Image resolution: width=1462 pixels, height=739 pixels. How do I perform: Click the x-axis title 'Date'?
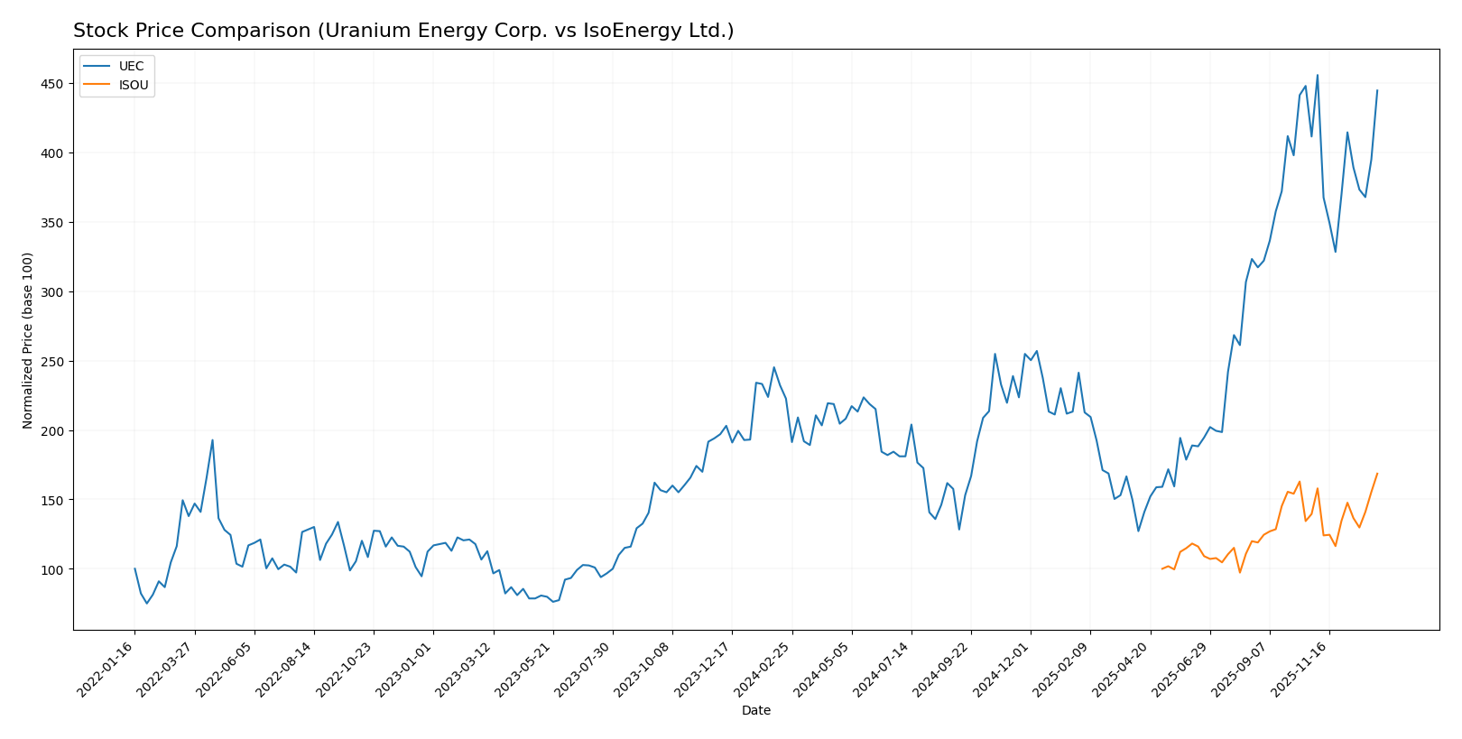point(755,711)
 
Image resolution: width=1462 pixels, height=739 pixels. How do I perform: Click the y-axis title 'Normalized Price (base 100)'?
point(28,340)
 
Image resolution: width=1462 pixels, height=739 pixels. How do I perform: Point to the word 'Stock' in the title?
point(97,32)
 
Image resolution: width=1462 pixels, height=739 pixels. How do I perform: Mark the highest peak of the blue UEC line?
point(1317,75)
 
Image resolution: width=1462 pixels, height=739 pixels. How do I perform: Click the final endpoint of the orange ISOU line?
point(1377,473)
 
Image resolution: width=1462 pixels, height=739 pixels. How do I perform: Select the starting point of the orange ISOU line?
point(1161,569)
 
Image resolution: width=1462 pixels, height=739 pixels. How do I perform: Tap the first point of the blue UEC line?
point(134,568)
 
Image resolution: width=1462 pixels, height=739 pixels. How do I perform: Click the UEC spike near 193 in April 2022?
point(212,440)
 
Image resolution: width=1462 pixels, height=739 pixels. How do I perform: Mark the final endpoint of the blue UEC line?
point(1377,90)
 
